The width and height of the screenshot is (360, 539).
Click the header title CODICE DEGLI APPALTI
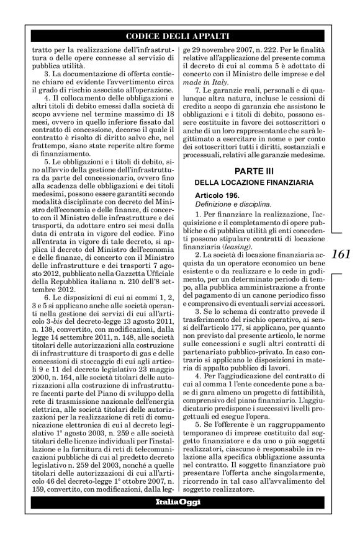coord(180,36)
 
